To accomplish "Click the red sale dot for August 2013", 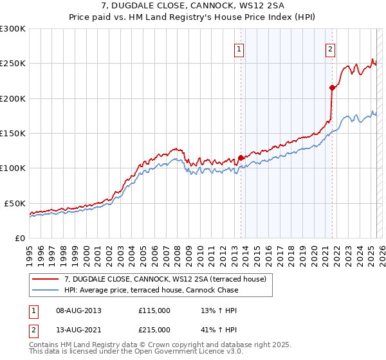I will click(x=241, y=157).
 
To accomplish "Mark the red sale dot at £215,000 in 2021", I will click(x=332, y=87).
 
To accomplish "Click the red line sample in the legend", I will click(x=46, y=278).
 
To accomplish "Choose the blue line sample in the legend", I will click(x=46, y=290).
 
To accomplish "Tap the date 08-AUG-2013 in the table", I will click(x=79, y=310).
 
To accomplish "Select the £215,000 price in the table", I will click(x=154, y=330).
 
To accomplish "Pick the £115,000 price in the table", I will click(x=154, y=310).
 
